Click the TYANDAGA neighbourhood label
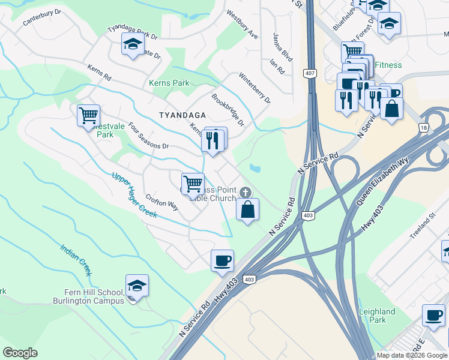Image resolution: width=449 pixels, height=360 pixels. click(x=182, y=115)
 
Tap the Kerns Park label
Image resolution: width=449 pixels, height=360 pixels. click(x=169, y=83)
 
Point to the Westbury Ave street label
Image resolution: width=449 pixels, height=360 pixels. click(x=243, y=25)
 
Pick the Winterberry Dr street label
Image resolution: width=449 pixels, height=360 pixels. click(x=255, y=88)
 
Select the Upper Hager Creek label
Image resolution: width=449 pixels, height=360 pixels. click(x=134, y=195)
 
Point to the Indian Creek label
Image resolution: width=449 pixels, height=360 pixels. click(x=76, y=260)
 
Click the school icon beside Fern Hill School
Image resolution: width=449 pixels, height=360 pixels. click(x=137, y=286)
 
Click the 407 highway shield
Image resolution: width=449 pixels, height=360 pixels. click(x=310, y=73)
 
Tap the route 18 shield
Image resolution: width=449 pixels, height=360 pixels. click(x=423, y=128)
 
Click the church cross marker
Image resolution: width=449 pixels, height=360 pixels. click(x=244, y=192)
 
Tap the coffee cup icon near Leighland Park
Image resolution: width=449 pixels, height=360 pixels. click(x=433, y=315)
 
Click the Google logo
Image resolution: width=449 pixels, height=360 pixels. click(x=20, y=353)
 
